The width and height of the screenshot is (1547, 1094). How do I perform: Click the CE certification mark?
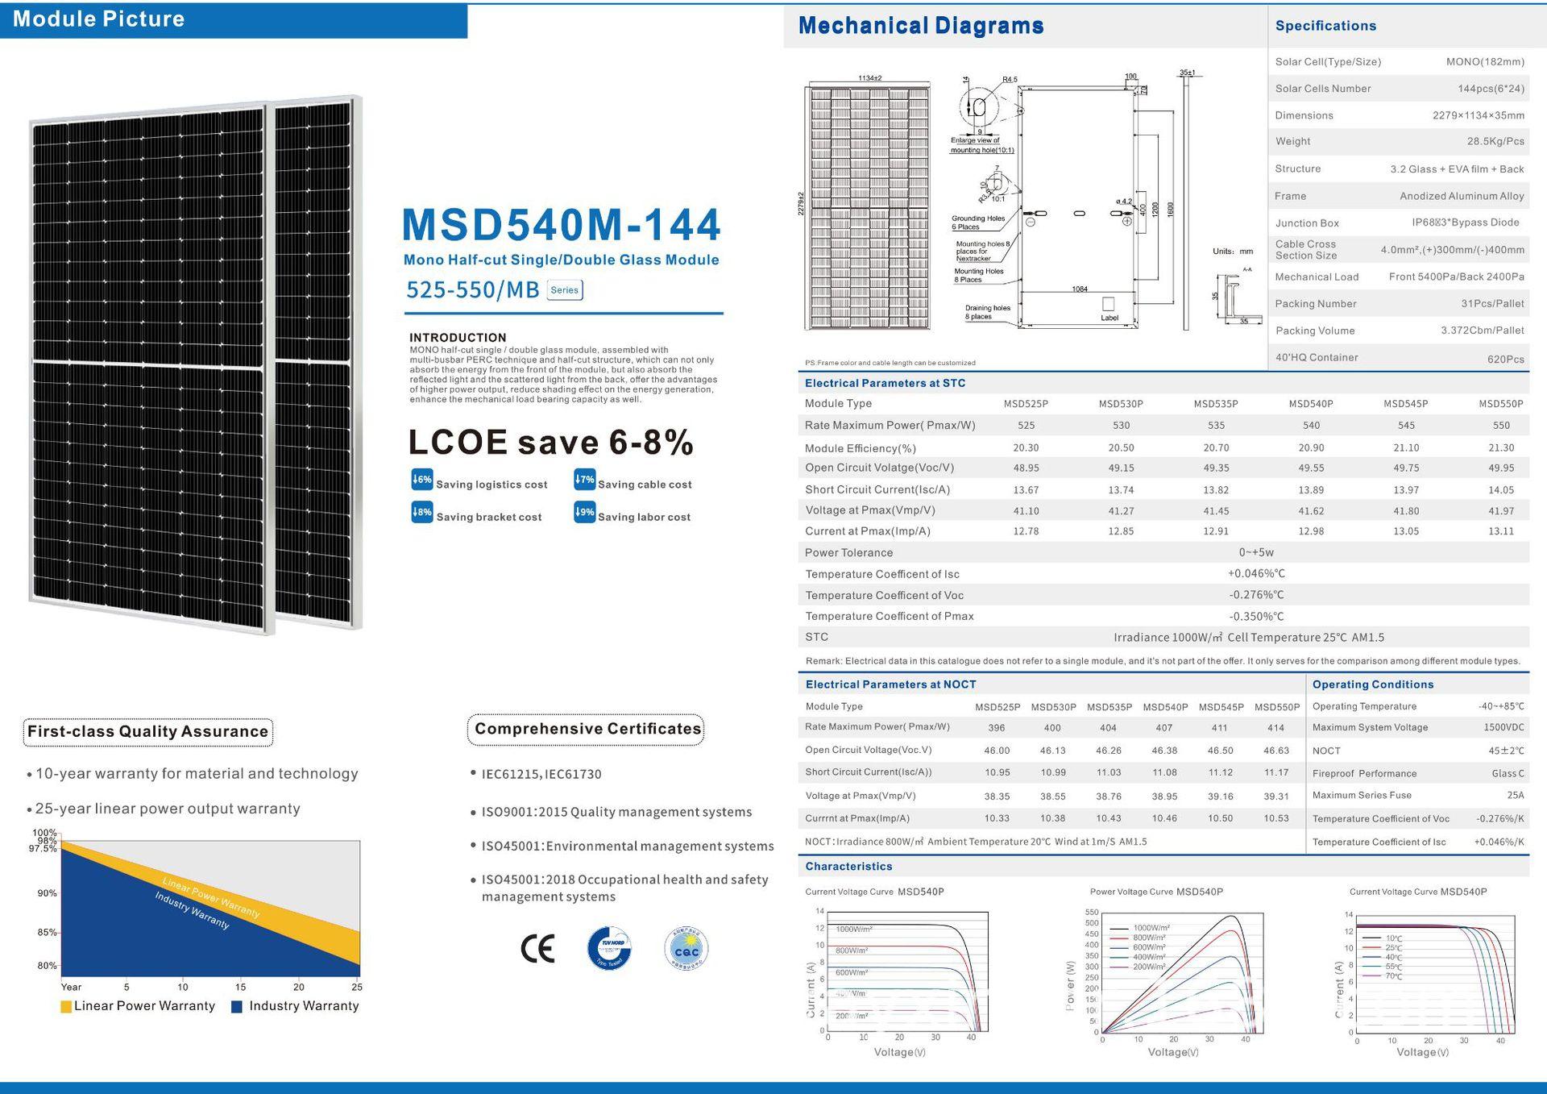(x=537, y=948)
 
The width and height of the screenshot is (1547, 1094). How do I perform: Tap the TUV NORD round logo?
(x=609, y=948)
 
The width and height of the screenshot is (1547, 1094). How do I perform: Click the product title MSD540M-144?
(x=561, y=224)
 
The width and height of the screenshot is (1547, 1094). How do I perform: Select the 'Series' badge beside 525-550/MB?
(x=564, y=290)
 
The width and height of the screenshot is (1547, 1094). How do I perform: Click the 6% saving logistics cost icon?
(x=421, y=480)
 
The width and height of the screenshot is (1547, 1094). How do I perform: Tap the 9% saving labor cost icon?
(x=584, y=512)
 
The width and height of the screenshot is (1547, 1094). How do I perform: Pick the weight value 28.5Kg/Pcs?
(x=1495, y=141)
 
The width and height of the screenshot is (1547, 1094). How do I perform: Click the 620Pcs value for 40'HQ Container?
(x=1505, y=359)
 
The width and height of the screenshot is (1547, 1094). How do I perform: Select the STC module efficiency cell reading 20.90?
(x=1311, y=447)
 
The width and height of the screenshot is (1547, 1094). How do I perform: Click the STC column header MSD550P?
(x=1500, y=404)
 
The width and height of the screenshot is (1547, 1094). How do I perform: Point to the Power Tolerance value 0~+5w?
(x=1256, y=552)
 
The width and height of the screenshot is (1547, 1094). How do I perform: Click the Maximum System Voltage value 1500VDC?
(x=1503, y=727)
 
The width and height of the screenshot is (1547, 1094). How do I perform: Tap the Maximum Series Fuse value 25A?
(x=1515, y=795)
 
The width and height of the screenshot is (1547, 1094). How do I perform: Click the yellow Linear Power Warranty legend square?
(x=66, y=1007)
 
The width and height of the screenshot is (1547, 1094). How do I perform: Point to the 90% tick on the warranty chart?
(x=47, y=893)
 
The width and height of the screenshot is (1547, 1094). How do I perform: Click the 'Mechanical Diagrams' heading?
(x=920, y=26)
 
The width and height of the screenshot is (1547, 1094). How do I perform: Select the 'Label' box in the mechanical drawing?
(x=1109, y=306)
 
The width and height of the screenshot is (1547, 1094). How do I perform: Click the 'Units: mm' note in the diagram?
(x=1233, y=252)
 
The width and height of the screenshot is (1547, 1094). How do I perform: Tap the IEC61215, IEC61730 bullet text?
(x=541, y=775)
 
